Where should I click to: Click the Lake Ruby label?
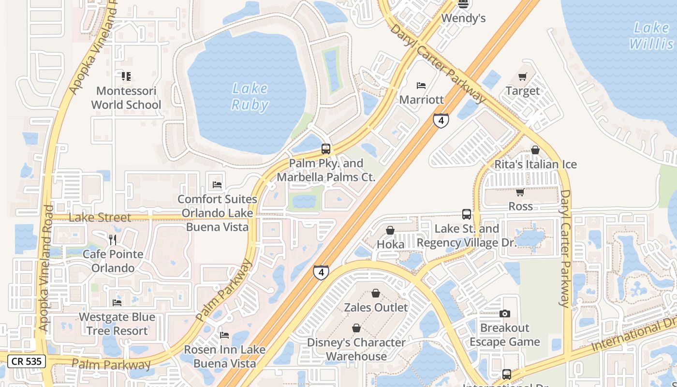250,96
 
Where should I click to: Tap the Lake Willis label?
651,36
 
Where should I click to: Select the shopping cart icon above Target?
522,76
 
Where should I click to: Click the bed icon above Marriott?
421,86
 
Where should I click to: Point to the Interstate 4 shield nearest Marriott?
441,120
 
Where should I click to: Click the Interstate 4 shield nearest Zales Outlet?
321,272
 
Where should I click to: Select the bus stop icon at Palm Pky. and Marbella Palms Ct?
326,149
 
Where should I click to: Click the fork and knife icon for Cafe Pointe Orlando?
113,240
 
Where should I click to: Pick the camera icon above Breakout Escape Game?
504,313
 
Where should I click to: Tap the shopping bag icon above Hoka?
390,230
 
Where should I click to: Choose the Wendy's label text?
463,18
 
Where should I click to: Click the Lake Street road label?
100,217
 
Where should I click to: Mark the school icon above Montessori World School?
126,76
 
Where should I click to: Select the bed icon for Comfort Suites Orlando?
217,184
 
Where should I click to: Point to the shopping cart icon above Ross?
520,192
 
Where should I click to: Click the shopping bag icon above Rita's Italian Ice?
535,150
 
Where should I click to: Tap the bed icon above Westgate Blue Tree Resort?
117,303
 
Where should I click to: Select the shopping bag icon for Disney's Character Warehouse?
356,328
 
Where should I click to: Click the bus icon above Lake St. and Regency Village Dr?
466,214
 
